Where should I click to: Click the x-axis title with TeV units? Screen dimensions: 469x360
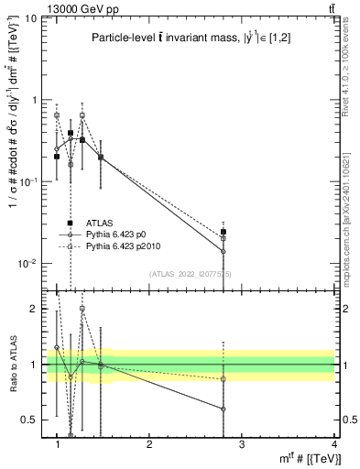click(x=311, y=459)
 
